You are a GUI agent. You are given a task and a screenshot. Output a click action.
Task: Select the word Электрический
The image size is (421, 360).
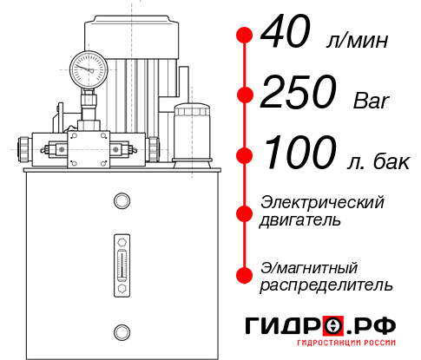pos(322,203)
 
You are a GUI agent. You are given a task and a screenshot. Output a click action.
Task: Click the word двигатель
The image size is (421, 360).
pos(299,220)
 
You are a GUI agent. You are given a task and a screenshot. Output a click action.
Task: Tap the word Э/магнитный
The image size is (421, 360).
pos(310,266)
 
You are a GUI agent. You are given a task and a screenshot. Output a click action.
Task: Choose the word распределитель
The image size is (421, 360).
pos(326,284)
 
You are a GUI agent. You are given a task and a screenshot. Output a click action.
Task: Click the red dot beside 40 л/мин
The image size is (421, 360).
pos(245,36)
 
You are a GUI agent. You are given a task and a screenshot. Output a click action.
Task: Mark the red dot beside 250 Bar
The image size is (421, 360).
pos(245,94)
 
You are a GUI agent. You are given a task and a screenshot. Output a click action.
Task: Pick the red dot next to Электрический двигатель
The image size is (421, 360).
pos(245,212)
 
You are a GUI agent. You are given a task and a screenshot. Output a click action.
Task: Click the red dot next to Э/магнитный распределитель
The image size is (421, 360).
pos(245,275)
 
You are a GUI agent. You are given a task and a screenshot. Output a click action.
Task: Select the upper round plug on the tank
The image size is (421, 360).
pos(121,202)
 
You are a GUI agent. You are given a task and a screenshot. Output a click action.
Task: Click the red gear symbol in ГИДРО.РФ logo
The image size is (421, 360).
pos(332,326)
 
